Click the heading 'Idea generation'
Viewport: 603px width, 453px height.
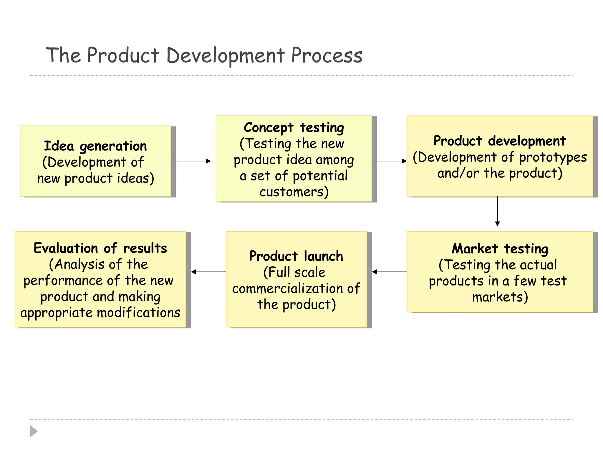point(95,146)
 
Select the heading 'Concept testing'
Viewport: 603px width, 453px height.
point(294,128)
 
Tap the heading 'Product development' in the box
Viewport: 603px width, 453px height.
point(500,141)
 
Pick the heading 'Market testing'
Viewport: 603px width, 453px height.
point(500,249)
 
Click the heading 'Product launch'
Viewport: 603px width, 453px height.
point(296,256)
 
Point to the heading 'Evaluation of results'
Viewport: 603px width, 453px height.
point(100,248)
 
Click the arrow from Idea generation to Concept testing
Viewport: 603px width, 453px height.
point(193,161)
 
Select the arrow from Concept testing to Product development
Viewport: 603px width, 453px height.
point(389,161)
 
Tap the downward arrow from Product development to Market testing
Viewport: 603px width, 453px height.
point(497,211)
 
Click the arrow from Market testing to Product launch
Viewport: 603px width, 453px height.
point(389,272)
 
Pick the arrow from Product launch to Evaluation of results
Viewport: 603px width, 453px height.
point(208,272)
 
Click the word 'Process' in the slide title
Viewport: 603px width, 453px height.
point(327,55)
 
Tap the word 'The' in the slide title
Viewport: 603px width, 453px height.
point(63,55)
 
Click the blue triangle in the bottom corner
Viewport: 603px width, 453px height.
point(34,431)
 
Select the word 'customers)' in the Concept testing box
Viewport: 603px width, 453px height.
point(294,192)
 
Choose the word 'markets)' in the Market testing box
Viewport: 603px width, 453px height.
point(500,297)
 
